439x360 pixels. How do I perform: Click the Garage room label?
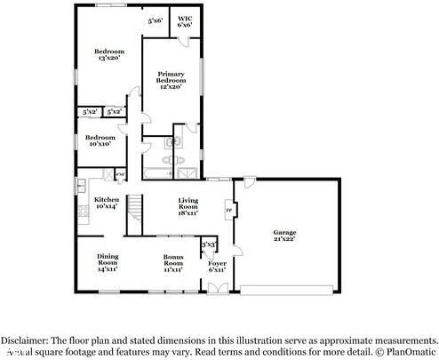click(284, 232)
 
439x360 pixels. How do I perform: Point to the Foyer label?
click(217, 264)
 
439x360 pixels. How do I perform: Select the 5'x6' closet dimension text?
click(156, 20)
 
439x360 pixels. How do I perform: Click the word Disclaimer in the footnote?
click(26, 340)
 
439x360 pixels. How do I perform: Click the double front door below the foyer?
click(216, 286)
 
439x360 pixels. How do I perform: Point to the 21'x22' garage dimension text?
click(284, 238)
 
